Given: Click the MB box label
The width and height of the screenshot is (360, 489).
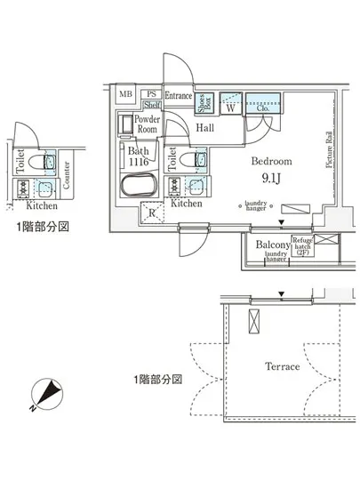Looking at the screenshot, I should [125, 93].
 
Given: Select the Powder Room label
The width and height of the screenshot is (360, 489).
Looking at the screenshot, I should [147, 124].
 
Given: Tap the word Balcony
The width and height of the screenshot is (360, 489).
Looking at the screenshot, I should [273, 243].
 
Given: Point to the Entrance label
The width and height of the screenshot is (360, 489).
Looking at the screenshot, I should [178, 94].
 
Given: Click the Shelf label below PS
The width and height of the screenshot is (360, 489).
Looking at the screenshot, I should [151, 103].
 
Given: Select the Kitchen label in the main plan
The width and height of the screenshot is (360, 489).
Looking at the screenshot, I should [187, 204].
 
